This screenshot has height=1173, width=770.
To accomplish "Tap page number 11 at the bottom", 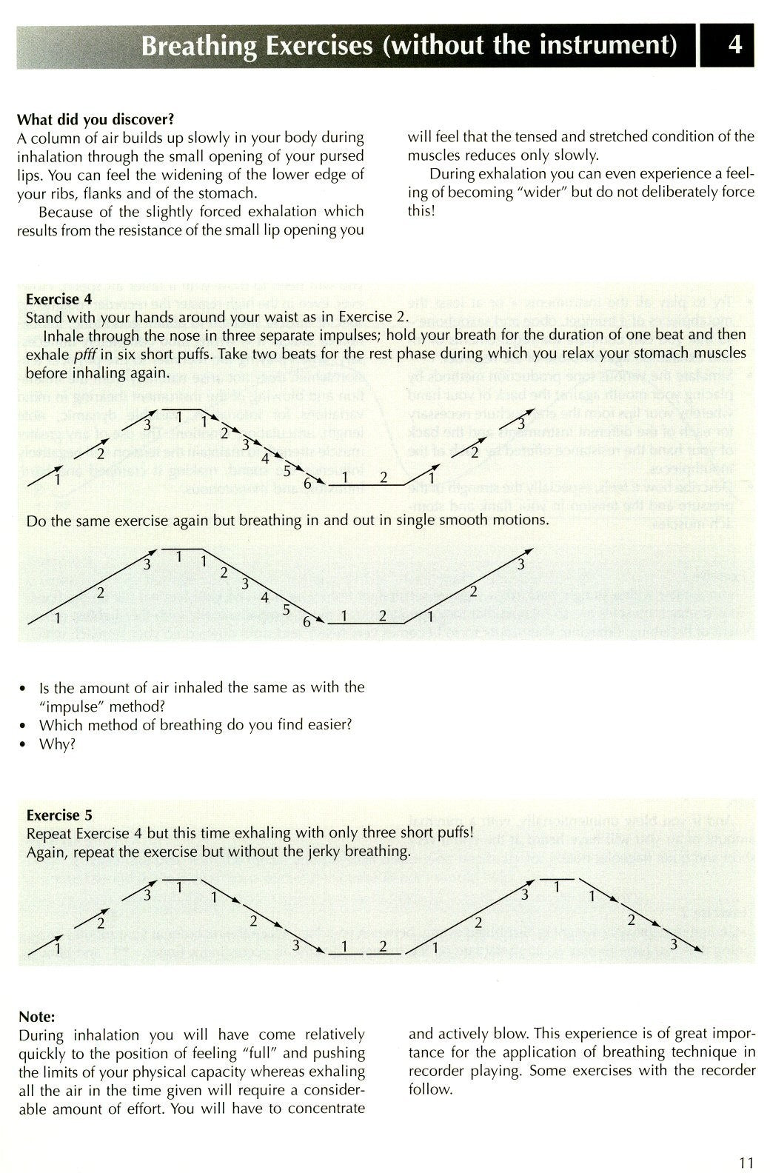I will point(746,1141).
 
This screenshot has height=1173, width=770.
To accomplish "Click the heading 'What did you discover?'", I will point(96,119).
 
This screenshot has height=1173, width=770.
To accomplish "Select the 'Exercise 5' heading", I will point(58,815).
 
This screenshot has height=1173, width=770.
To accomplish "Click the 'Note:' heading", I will point(36,1017).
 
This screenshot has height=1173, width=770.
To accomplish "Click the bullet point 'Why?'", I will point(57,744).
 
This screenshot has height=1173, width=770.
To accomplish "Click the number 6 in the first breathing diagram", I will point(307,483).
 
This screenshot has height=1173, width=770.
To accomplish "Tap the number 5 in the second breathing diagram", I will point(286,609).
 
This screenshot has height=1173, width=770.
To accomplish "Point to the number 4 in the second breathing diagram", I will point(264,598).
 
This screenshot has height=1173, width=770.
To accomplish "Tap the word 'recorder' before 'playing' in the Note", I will point(435,1071).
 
